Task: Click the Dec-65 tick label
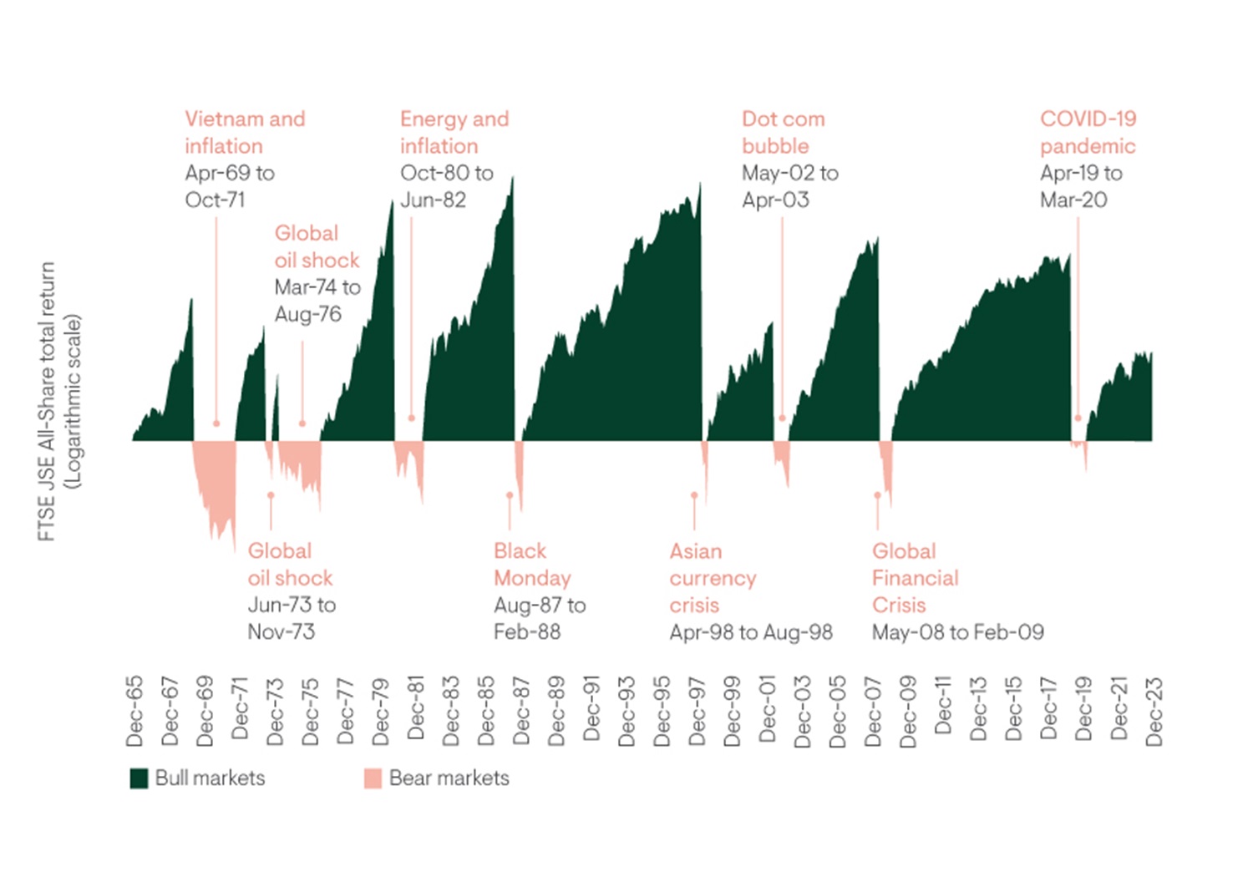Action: point(134,711)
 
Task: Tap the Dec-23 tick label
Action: point(1154,711)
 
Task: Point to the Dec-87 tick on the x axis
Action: point(521,711)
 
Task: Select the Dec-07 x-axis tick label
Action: point(873,711)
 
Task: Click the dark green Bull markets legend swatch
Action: point(139,778)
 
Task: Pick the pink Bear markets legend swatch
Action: point(373,778)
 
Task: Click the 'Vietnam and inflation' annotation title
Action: point(245,132)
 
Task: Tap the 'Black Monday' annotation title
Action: point(532,565)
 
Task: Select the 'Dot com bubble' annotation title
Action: point(783,132)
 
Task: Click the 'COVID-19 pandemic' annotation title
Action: point(1088,132)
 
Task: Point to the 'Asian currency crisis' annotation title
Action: point(713,578)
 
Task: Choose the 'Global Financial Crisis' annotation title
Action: point(915,578)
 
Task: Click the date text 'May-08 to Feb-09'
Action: point(957,632)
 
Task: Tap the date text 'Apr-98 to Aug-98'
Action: point(750,632)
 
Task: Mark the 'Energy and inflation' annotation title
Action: point(454,132)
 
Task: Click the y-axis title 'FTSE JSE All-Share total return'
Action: point(47,401)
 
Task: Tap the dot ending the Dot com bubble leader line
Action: point(782,418)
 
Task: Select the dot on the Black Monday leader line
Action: point(510,495)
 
